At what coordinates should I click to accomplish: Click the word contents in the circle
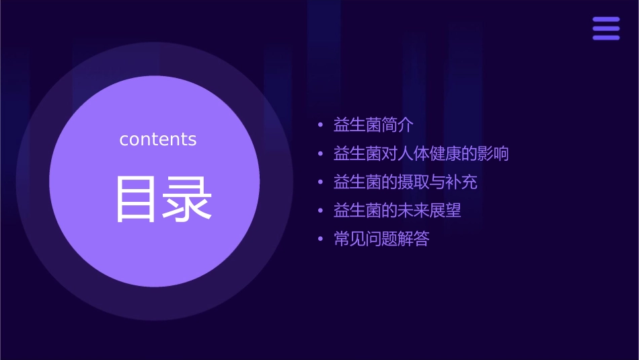tap(158, 139)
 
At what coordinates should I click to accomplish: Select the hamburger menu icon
tap(606, 29)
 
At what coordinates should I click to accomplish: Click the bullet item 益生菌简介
tap(373, 125)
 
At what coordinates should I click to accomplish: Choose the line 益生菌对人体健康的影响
tap(421, 154)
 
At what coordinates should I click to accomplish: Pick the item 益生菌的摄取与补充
tap(405, 182)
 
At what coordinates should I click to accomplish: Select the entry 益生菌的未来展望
tap(397, 211)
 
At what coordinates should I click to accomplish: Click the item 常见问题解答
tap(381, 239)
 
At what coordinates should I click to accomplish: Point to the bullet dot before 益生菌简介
tap(320, 126)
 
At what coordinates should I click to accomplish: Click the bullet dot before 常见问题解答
tap(320, 240)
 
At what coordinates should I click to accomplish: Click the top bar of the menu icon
tap(606, 20)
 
